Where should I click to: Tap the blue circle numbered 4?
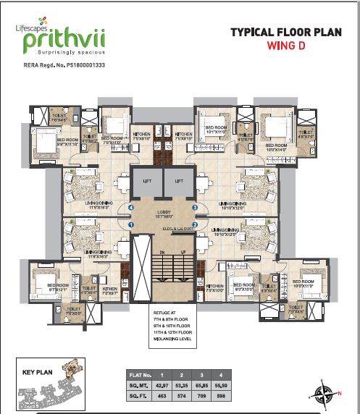pyautogui.click(x=131, y=208)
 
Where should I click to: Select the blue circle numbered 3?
pyautogui.click(x=195, y=208)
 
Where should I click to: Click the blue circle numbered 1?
pyautogui.click(x=131, y=224)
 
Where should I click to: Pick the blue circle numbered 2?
pyautogui.click(x=195, y=224)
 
